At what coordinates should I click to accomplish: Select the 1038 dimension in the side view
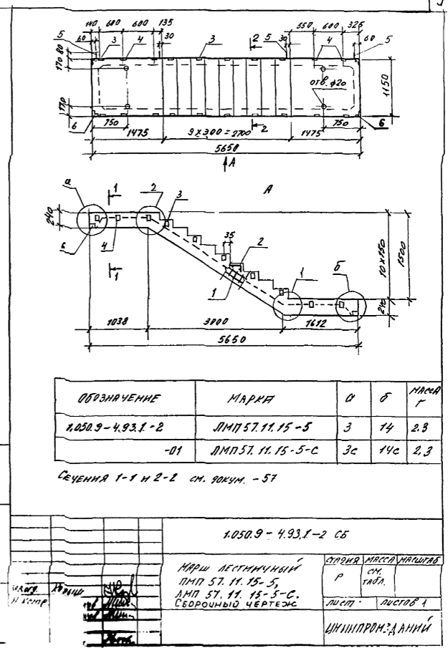coord(115,324)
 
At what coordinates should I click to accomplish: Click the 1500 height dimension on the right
coord(405,251)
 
